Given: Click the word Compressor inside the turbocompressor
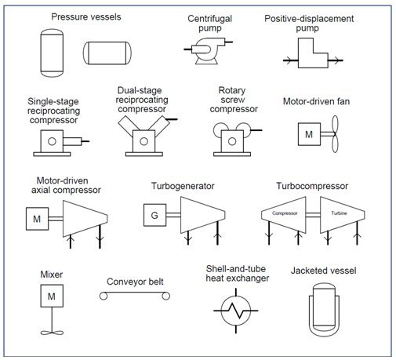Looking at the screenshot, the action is (x=285, y=213).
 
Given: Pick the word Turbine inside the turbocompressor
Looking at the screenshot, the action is (x=339, y=213).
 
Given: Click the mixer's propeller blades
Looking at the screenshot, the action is (x=52, y=333).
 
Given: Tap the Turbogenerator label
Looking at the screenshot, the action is (x=183, y=186).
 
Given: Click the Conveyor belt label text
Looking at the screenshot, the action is (x=135, y=282).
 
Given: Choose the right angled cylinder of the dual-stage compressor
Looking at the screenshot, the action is (x=159, y=126).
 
